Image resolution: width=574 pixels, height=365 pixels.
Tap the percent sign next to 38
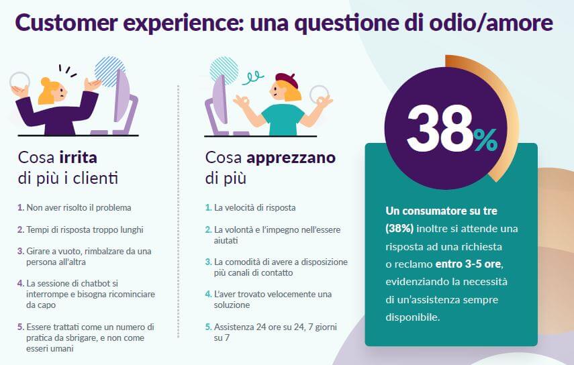pos(485,140)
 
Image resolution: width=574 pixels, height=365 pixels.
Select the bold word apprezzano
pos(291,158)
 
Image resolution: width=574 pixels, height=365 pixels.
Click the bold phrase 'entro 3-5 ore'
pos(469,264)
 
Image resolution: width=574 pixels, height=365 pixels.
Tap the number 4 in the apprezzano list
pos(208,294)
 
